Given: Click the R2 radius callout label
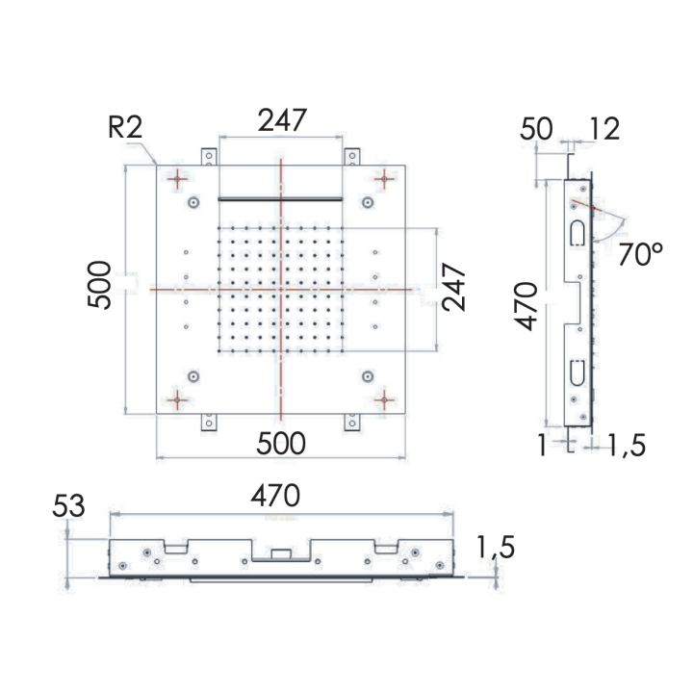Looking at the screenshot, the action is (125, 128).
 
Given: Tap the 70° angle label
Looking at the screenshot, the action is (640, 254).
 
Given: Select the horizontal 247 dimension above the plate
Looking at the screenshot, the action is (282, 119).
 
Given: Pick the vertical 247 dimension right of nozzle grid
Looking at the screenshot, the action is (454, 288).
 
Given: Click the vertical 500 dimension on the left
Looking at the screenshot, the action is (99, 285).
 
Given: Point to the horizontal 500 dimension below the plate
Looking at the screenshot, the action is (281, 444).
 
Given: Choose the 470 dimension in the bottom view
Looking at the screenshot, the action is (275, 496).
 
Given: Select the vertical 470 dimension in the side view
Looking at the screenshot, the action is (526, 306).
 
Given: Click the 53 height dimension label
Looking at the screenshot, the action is (68, 506).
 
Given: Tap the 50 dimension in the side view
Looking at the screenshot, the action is (536, 129).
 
